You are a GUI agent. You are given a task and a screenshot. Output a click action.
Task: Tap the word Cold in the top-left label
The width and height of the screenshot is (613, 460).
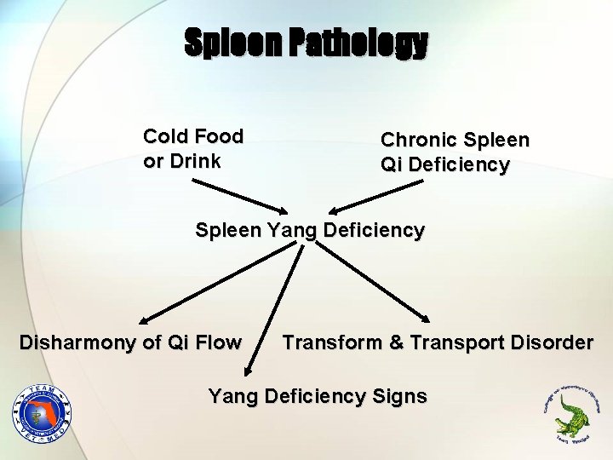pos(166,136)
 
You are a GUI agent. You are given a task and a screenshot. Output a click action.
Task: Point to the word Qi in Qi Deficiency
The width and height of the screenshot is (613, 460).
pos(392,164)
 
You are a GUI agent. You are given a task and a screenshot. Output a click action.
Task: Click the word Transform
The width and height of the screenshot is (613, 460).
pos(332,342)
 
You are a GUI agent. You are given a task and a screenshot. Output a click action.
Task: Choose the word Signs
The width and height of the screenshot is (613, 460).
pos(399,396)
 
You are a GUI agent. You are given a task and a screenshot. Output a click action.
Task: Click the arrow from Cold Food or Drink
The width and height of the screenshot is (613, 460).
pos(238,193)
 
